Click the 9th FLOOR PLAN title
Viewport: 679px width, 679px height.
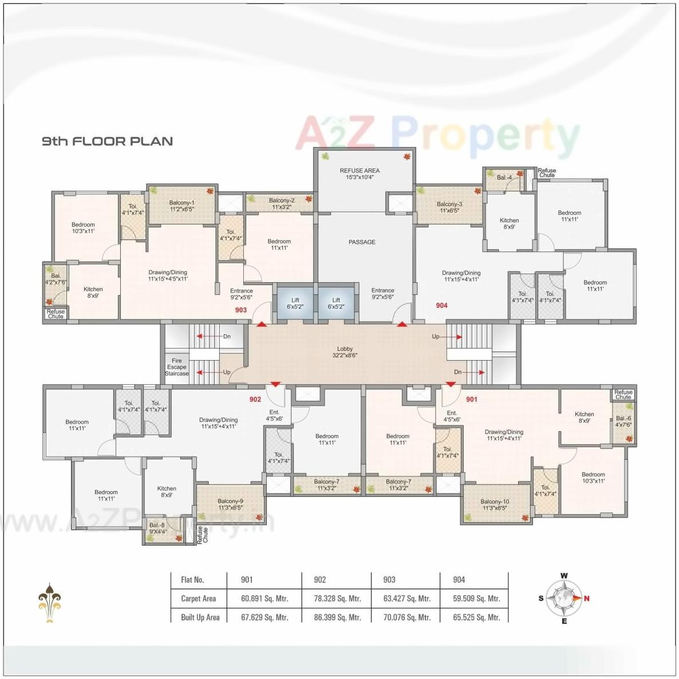click(107, 141)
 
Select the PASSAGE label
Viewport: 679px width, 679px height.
click(362, 242)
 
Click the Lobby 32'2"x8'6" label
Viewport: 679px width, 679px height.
click(345, 352)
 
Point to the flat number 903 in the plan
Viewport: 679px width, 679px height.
click(241, 310)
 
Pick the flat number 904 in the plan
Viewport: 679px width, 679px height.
click(441, 306)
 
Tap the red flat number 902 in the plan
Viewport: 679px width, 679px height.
click(255, 399)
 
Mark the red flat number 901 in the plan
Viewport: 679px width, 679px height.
click(471, 399)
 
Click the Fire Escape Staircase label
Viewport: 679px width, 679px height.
click(177, 367)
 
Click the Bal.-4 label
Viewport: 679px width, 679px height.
click(504, 177)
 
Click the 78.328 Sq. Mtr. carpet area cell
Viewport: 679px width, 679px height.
click(337, 598)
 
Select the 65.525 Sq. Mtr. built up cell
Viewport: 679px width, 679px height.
click(476, 617)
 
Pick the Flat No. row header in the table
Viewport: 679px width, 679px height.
click(192, 580)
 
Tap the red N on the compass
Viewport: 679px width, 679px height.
click(587, 598)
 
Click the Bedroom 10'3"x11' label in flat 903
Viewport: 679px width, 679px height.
click(83, 228)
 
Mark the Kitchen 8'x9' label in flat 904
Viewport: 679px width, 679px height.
click(509, 223)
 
